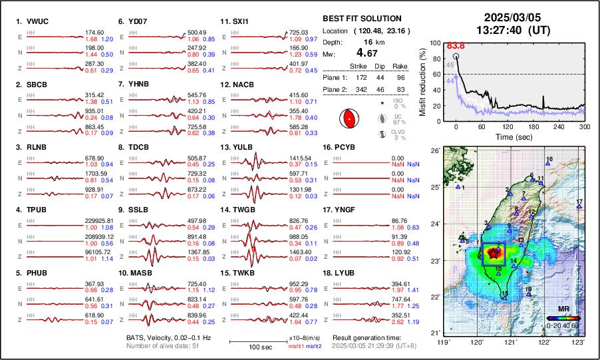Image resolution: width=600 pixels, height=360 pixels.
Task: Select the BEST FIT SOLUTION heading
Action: click(x=361, y=19)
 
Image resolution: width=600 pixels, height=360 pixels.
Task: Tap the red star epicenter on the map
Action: click(x=494, y=252)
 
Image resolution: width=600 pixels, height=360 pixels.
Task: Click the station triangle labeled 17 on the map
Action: click(x=579, y=207)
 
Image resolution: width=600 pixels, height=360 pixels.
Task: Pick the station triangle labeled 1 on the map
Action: click(x=458, y=187)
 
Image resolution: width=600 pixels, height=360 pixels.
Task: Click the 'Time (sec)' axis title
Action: click(x=512, y=136)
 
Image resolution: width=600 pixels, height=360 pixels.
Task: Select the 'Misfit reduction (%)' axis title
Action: click(x=423, y=82)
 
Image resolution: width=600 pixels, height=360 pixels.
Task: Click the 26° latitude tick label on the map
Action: click(x=432, y=151)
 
